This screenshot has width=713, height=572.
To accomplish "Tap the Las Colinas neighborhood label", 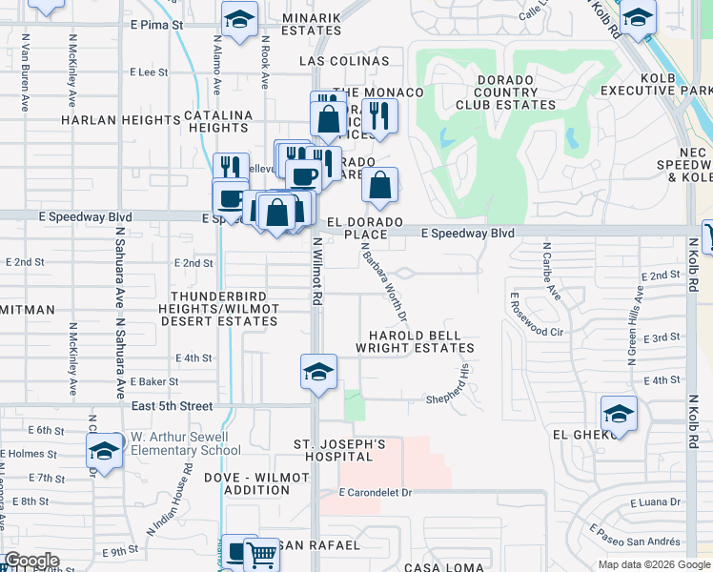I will [x=344, y=61].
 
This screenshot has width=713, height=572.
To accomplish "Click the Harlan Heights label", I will [x=120, y=121].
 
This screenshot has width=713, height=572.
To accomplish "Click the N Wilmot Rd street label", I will [x=316, y=272].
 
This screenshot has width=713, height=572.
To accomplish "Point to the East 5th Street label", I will [x=173, y=406].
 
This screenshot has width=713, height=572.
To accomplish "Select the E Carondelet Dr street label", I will [x=376, y=493].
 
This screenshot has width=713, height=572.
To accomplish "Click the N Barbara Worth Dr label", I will [x=385, y=281].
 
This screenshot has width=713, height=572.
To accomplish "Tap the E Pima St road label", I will [x=157, y=24].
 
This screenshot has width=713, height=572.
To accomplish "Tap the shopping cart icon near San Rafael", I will [x=260, y=554].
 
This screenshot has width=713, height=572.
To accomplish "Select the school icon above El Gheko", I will [x=619, y=415].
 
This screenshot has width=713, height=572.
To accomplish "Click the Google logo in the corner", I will [x=31, y=561].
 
